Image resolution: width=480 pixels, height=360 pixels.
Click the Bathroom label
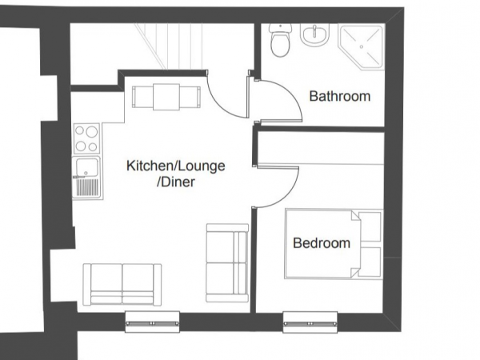click(x=340, y=96)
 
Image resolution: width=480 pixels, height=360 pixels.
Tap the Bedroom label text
click(x=322, y=243)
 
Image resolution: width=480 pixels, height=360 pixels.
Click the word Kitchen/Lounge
click(x=176, y=166)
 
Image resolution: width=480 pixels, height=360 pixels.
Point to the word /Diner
click(x=176, y=182)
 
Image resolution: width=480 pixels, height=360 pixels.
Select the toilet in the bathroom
click(x=280, y=40)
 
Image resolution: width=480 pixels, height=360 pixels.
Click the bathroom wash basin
click(x=314, y=34)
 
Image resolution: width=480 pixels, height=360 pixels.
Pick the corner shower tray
click(x=362, y=47)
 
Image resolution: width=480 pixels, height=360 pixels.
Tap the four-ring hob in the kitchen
click(x=86, y=138)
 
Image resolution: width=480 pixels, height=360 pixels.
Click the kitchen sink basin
click(x=87, y=167)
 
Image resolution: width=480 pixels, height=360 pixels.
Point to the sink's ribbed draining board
click(x=87, y=187)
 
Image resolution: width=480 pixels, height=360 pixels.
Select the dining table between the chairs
click(x=166, y=97)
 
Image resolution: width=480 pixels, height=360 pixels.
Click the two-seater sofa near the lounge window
click(x=122, y=284)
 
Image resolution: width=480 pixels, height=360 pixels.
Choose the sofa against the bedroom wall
click(x=227, y=262)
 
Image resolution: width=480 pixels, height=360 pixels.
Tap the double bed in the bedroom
click(x=334, y=244)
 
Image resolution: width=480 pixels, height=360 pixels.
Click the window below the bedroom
click(x=310, y=322)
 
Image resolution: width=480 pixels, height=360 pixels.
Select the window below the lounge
click(x=152, y=322)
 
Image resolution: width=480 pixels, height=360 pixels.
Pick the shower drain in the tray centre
click(x=362, y=47)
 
